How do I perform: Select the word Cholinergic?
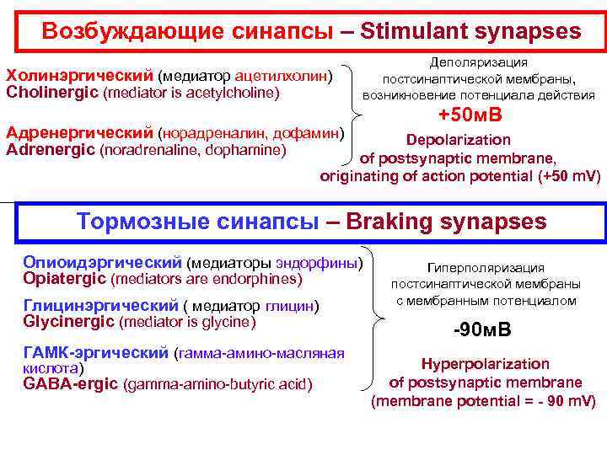[51, 92]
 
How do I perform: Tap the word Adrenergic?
[50, 150]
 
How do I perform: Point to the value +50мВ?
[470, 115]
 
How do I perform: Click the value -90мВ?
[481, 330]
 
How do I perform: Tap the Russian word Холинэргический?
[79, 77]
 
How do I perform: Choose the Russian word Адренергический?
[80, 134]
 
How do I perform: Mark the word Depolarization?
[458, 140]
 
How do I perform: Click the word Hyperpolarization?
[485, 364]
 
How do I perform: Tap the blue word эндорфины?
[317, 263]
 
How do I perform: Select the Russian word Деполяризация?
[478, 62]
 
